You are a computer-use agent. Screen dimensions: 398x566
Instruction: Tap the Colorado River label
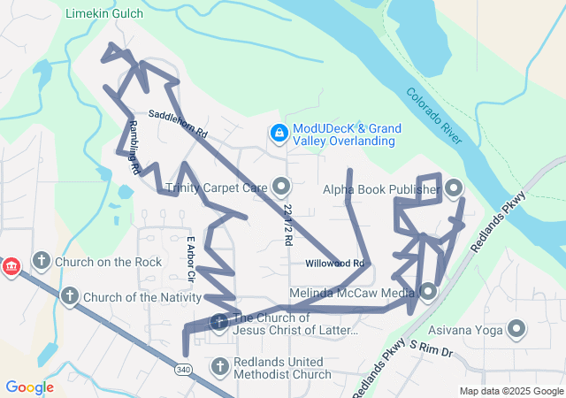434,115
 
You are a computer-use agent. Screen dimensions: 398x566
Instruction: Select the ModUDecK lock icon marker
279,134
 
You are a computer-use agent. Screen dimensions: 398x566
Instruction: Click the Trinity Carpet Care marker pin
281,188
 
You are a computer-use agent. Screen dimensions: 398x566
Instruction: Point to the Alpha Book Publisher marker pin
454,188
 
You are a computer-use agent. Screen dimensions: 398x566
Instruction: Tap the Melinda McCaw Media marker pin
429,292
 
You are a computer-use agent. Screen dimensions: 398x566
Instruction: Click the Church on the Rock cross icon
41,261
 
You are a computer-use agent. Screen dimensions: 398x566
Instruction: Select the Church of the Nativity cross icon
69,296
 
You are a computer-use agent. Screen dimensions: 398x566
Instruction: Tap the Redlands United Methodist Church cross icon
220,365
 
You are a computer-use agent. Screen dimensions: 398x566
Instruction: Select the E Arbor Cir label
189,257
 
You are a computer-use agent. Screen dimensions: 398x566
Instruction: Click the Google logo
29,387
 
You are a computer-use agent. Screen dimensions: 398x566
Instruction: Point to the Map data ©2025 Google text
511,391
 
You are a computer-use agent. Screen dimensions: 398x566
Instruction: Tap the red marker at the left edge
10,265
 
